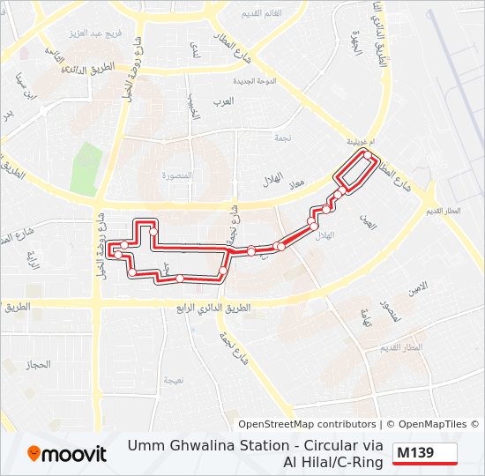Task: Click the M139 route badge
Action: (x=424, y=453)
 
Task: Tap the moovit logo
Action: (x=67, y=453)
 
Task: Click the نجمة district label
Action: (x=307, y=139)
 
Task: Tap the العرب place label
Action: (x=224, y=101)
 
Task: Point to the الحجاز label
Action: (x=41, y=363)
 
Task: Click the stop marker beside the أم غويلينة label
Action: (x=368, y=154)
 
